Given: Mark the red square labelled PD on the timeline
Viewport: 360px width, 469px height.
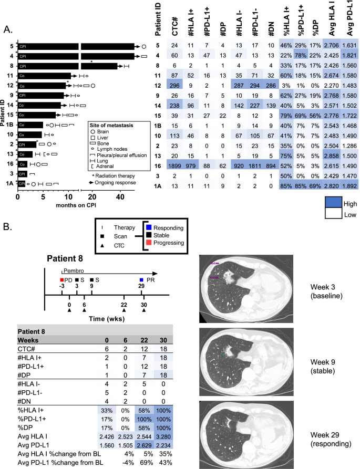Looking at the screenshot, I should click(61, 280).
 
